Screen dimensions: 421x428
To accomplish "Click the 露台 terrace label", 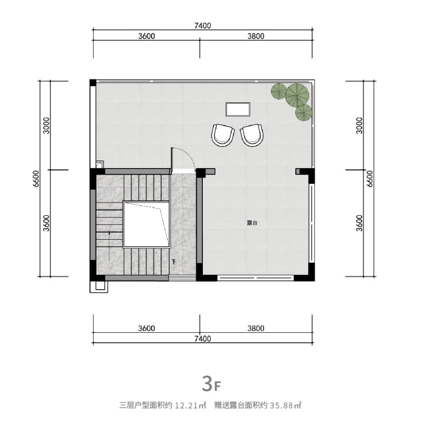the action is tap(252, 223).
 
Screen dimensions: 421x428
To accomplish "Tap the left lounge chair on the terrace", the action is tap(223, 135).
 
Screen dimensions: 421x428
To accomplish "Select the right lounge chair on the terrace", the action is tap(252, 135).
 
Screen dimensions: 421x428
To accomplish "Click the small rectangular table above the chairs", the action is tap(238, 109).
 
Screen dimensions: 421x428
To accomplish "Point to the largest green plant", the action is tap(297, 95).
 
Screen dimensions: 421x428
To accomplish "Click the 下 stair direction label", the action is tap(174, 262).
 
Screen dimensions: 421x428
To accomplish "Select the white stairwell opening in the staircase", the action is tap(146, 224).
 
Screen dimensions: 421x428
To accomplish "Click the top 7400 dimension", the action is tap(202, 25).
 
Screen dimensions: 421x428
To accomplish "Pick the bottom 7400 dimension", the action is tap(202, 339).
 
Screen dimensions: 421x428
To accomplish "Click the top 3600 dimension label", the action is tap(146, 36).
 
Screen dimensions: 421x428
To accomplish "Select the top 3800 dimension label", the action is tap(256, 36).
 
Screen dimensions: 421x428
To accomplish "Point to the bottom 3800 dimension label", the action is tap(256, 328).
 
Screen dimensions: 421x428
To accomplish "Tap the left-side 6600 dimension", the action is tap(36, 179).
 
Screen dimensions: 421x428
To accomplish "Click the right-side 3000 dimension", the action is tap(359, 126).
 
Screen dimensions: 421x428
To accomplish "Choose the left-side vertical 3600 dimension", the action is tap(47, 223).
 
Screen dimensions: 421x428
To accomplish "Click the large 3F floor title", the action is tap(211, 384).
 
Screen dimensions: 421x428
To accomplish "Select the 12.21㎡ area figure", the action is tap(190, 405).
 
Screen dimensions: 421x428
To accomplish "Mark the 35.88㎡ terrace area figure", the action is tap(285, 405).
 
